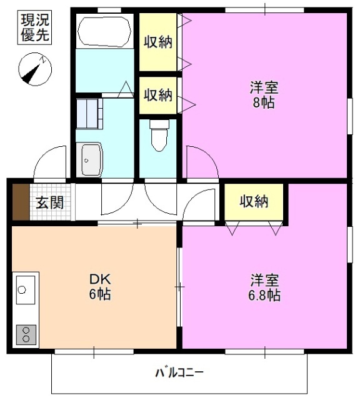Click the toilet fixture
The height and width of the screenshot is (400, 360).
pyautogui.click(x=159, y=134)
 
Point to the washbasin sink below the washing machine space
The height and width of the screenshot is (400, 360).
pyautogui.click(x=91, y=159)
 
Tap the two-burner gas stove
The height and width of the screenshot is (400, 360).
pyautogui.click(x=26, y=334)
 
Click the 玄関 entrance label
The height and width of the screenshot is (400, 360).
pyautogui.click(x=49, y=202)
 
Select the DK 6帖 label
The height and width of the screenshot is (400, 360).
pyautogui.click(x=99, y=286)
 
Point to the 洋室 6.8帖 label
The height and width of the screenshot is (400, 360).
pyautogui.click(x=265, y=286)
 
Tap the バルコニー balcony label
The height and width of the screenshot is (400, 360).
pyautogui.click(x=179, y=373)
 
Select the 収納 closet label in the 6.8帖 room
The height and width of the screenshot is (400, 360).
pyautogui.click(x=254, y=202)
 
